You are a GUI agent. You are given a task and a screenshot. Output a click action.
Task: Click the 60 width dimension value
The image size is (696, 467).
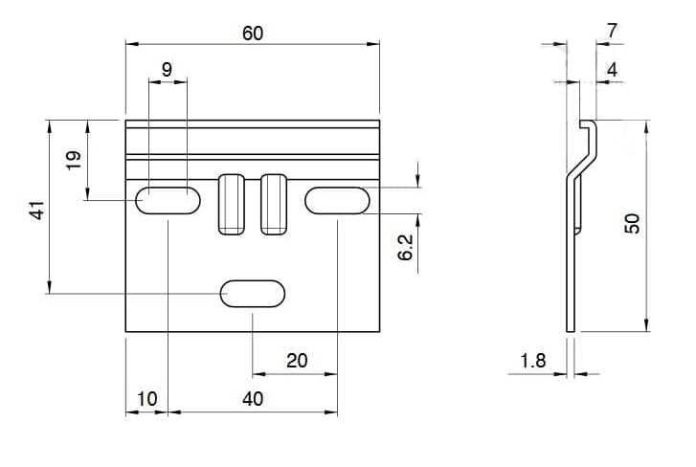(253, 33)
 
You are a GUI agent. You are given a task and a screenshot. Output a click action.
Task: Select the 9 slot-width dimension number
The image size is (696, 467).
(167, 69)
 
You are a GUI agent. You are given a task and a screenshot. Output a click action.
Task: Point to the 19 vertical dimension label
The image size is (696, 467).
(74, 160)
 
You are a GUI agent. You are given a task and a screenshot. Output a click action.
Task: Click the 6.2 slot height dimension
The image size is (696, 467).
(405, 247)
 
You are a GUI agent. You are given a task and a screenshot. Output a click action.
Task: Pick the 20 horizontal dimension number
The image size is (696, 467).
(297, 360)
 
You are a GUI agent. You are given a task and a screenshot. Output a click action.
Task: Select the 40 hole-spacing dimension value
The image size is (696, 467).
(253, 399)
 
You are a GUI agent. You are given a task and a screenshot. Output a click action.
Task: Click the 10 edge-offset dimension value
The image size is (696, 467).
(146, 399)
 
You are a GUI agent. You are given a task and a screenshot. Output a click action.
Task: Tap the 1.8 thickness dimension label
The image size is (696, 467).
(532, 361)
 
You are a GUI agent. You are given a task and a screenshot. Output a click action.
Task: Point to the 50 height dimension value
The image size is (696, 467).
(632, 223)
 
